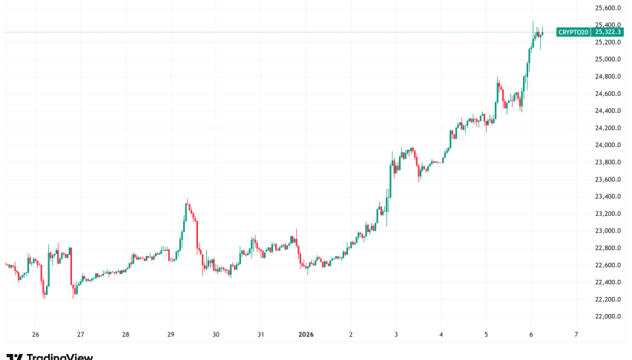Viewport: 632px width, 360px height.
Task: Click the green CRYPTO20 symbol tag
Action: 573,32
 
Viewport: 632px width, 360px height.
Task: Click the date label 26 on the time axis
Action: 36,334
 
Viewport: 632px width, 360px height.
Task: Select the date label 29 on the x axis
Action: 171,334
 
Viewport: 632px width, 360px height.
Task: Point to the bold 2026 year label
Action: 305,334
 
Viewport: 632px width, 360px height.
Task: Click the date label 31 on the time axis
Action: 260,334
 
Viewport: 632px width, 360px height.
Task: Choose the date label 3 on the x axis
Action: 395,334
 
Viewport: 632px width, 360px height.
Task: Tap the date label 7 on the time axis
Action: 576,334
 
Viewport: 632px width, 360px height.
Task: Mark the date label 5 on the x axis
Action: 486,334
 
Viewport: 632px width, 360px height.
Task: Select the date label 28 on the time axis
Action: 125,334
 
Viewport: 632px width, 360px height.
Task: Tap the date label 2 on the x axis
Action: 351,334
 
